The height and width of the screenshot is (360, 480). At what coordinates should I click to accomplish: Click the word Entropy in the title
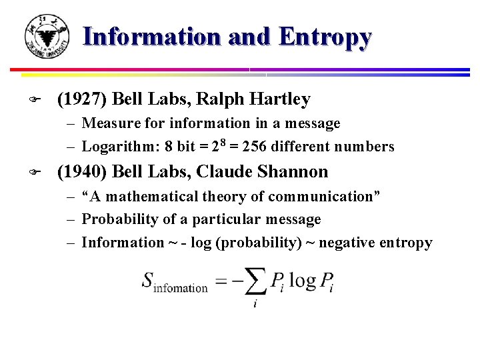[x=325, y=37]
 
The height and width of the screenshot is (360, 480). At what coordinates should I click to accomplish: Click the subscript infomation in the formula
[x=181, y=288]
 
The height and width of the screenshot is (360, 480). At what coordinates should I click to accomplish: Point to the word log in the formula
[x=301, y=280]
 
